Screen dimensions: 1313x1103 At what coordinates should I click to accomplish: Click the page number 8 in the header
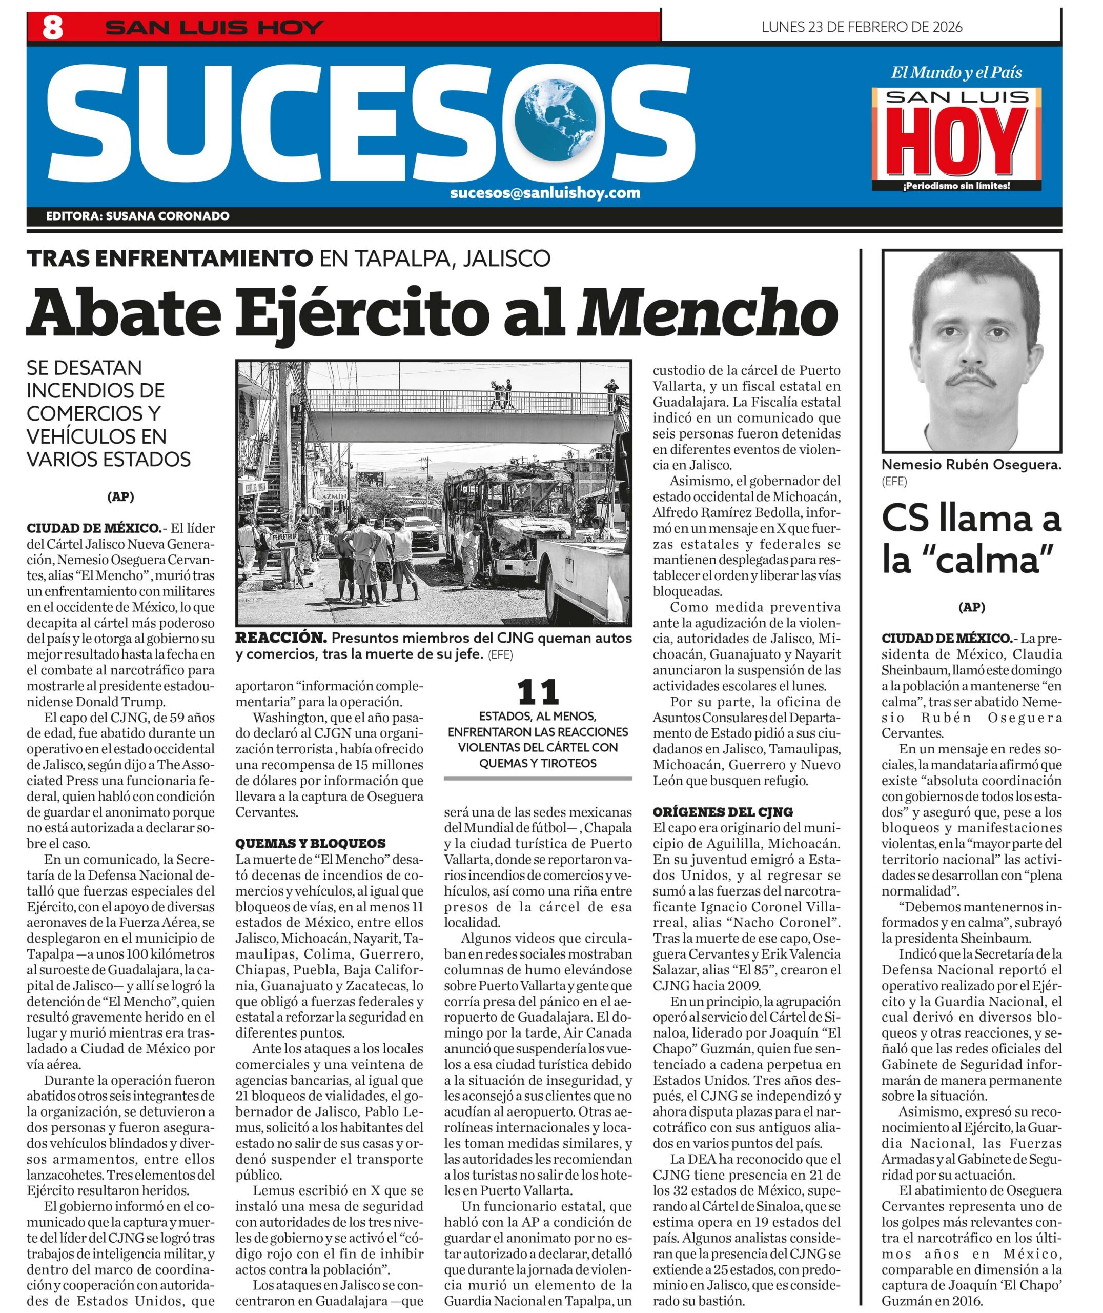pos(52,28)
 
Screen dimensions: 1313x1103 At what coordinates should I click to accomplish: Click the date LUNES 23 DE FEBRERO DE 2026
pos(862,27)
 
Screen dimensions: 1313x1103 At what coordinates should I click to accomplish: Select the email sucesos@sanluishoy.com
pos(545,193)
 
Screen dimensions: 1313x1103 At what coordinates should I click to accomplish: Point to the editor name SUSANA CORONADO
pos(168,216)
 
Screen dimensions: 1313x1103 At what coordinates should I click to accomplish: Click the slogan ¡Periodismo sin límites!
pos(957,186)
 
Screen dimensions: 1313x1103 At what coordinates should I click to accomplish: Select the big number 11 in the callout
pos(538,692)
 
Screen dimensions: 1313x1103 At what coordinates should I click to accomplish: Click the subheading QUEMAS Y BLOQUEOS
pos(310,843)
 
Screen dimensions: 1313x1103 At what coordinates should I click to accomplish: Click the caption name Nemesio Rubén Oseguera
pos(970,465)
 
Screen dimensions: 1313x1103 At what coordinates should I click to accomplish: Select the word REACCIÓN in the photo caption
pos(281,638)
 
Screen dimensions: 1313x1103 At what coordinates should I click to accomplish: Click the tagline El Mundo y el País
pos(956,72)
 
